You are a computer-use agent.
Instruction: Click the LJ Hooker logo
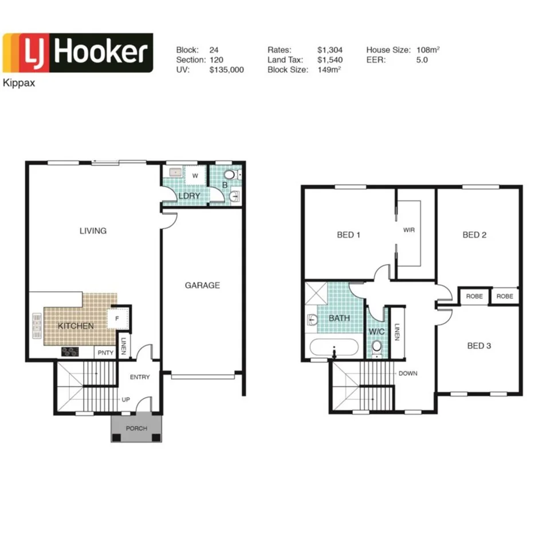[x=78, y=53]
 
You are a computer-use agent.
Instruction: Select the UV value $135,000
[x=227, y=69]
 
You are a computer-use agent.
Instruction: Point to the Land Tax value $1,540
[x=329, y=60]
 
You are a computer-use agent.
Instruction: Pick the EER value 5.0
[x=422, y=60]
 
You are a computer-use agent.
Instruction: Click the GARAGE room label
[x=202, y=285]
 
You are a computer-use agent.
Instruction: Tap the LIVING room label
[x=93, y=231]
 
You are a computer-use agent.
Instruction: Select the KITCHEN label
[x=76, y=325]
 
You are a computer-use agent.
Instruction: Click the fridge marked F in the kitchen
[x=117, y=317]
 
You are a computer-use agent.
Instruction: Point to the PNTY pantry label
[x=105, y=352]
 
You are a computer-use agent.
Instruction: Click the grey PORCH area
[x=136, y=429]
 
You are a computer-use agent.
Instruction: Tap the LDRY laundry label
[x=189, y=196]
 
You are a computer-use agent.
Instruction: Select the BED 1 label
[x=348, y=235]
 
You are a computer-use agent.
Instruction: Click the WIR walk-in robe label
[x=409, y=230]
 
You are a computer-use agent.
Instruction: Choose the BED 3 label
[x=479, y=345]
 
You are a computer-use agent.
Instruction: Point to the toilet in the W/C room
[x=376, y=347]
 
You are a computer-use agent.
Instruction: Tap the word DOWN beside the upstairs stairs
[x=409, y=373]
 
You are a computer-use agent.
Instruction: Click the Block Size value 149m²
[x=329, y=69]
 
